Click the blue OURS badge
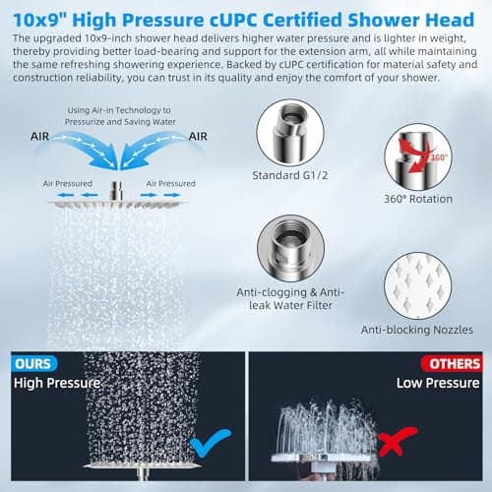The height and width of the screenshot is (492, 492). [34, 364]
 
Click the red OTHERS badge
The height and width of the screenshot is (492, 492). [453, 364]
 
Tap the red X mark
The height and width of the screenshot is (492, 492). [396, 441]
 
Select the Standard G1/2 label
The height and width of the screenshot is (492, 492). [290, 175]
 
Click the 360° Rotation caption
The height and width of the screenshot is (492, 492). [418, 199]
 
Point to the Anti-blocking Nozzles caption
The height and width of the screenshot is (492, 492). [417, 330]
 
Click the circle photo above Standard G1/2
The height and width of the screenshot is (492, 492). [290, 133]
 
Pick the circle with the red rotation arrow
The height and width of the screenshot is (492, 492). [418, 157]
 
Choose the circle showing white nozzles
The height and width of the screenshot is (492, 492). [417, 285]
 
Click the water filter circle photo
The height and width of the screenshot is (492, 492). [290, 249]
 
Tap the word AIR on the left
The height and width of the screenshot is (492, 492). [39, 137]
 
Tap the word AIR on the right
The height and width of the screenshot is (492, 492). [198, 137]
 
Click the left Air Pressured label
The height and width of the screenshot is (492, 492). [68, 184]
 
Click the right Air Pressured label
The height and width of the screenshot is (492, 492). [170, 184]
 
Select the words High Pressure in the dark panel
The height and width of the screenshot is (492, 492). [57, 383]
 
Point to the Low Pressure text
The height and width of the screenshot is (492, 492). [438, 383]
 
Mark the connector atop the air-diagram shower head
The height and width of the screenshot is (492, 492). [116, 191]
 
